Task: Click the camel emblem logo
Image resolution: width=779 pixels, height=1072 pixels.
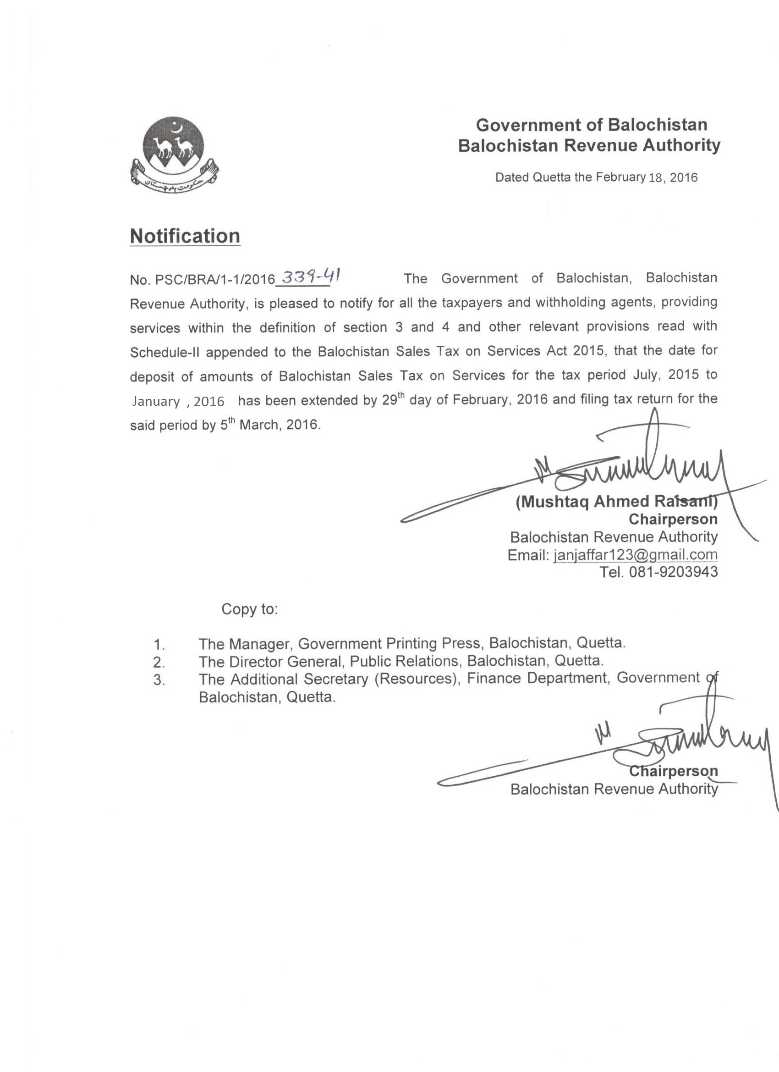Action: [x=173, y=154]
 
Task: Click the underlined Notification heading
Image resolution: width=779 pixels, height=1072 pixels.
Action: [x=185, y=236]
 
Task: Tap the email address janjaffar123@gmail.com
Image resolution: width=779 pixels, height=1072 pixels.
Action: [x=636, y=554]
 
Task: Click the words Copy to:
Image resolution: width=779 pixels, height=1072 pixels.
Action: [x=249, y=609]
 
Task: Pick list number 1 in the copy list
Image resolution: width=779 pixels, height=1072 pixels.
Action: [x=159, y=644]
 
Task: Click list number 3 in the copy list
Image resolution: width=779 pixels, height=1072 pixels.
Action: [x=159, y=680]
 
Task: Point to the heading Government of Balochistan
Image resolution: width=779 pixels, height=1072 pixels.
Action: [x=592, y=125]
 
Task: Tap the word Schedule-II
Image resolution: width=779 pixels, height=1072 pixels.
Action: [x=165, y=352]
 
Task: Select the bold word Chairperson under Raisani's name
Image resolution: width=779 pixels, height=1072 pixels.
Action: [x=673, y=519]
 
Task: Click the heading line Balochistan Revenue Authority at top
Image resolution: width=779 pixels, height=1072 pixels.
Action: [x=589, y=146]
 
